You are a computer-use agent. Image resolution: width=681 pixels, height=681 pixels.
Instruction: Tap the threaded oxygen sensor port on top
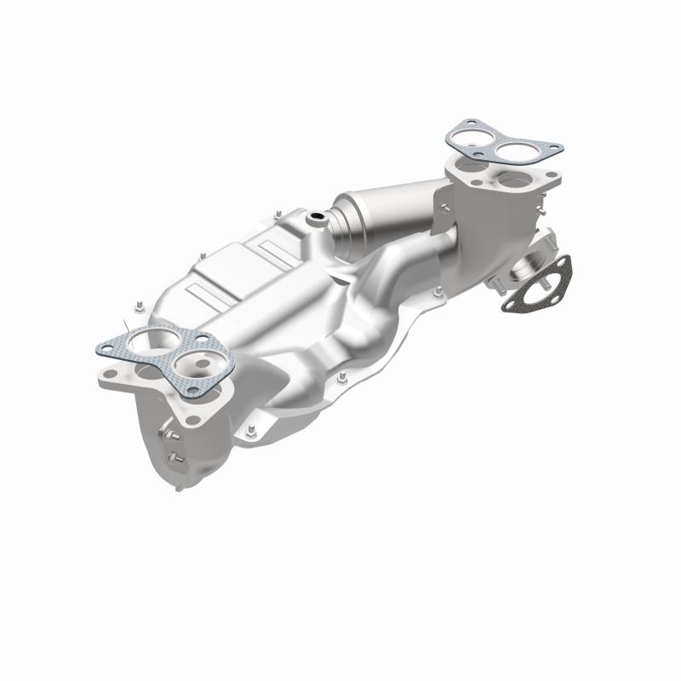pyautogui.click(x=317, y=219)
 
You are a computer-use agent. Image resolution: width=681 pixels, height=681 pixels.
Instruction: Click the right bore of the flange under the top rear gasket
pyautogui.click(x=516, y=180)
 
